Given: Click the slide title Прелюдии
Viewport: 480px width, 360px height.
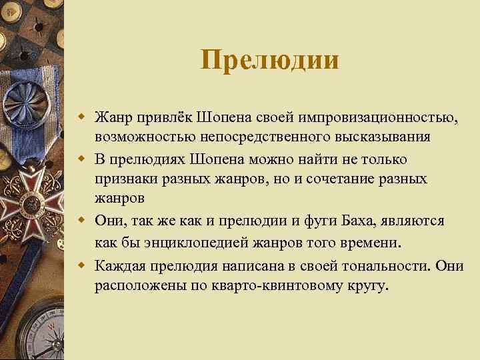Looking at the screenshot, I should point(269,61).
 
